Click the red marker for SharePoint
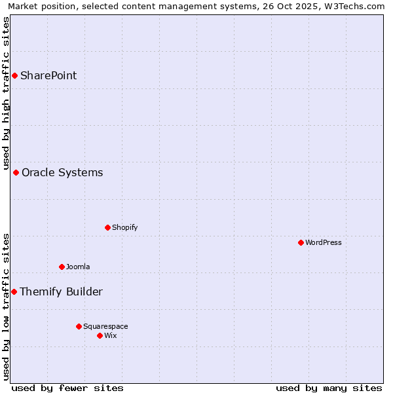(14, 75)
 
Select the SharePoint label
(48, 75)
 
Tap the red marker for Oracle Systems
(16, 172)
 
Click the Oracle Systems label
(62, 173)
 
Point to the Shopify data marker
(107, 227)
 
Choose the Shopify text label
(124, 227)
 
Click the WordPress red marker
(301, 242)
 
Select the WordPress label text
(323, 242)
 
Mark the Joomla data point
(62, 267)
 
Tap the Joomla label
(78, 267)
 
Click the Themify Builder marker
(14, 291)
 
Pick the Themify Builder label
(61, 291)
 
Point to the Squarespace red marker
(79, 326)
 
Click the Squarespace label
(105, 326)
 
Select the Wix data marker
(100, 335)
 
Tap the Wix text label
(111, 335)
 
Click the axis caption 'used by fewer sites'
(67, 388)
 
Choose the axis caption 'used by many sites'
(329, 388)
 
